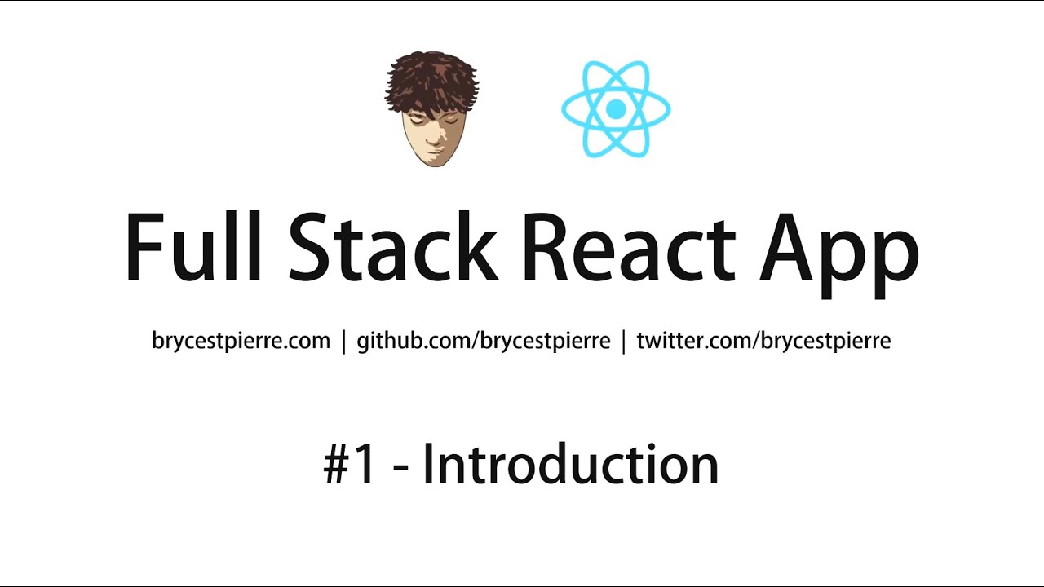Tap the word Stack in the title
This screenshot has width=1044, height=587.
pos(391,247)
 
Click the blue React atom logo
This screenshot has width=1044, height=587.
pos(616,108)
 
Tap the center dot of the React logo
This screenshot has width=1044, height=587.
pos(616,108)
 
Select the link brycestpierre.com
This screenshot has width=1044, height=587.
pos(241,340)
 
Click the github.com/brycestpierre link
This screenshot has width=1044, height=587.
pos(484,340)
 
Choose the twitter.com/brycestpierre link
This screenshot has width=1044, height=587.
pos(763,340)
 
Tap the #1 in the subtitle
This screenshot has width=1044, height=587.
pos(351,466)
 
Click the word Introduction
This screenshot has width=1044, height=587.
pos(570,465)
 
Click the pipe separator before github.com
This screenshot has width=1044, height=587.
pos(344,341)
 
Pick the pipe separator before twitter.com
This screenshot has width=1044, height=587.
pos(624,341)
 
